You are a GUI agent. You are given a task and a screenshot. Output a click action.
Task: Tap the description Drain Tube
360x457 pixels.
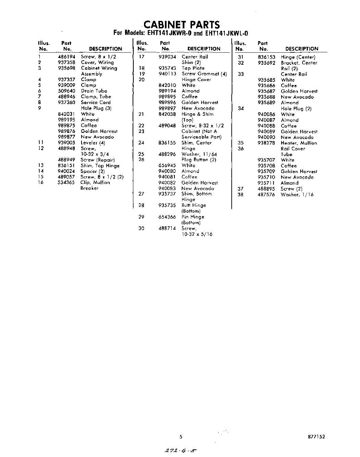point(94,91)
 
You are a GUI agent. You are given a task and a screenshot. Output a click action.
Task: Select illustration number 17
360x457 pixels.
point(141,57)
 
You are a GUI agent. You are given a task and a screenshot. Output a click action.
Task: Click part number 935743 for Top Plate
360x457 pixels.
point(167,68)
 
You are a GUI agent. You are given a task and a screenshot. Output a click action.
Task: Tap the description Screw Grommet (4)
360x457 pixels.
point(204,74)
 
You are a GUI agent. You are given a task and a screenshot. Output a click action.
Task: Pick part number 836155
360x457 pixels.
point(167,143)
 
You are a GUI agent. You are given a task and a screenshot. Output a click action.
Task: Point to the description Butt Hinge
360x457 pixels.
point(194,205)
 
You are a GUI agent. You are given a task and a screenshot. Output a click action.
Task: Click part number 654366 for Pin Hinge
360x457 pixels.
point(167,217)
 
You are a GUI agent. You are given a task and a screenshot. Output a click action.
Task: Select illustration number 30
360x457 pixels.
point(141,228)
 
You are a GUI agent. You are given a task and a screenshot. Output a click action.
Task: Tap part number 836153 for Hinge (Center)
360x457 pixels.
point(266,57)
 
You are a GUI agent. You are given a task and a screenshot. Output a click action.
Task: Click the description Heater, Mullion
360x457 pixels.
point(299,143)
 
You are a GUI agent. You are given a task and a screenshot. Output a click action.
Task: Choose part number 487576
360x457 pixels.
point(266,195)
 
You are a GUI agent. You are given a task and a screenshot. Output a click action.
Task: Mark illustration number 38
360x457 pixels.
point(240,195)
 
